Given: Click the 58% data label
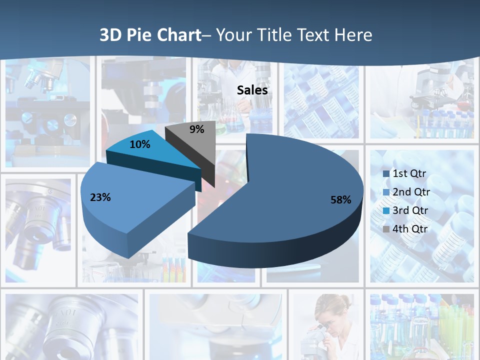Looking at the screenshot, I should point(340,200).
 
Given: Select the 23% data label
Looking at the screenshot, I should point(100,197).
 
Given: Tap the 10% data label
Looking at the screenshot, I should point(139,144).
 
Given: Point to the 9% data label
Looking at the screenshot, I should point(197,129).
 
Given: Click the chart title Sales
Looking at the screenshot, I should point(252,90).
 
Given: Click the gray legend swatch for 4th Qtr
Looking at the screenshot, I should point(386,229).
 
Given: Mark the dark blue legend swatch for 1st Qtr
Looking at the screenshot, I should point(386,174).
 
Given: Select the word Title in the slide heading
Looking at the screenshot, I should point(274,35).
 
